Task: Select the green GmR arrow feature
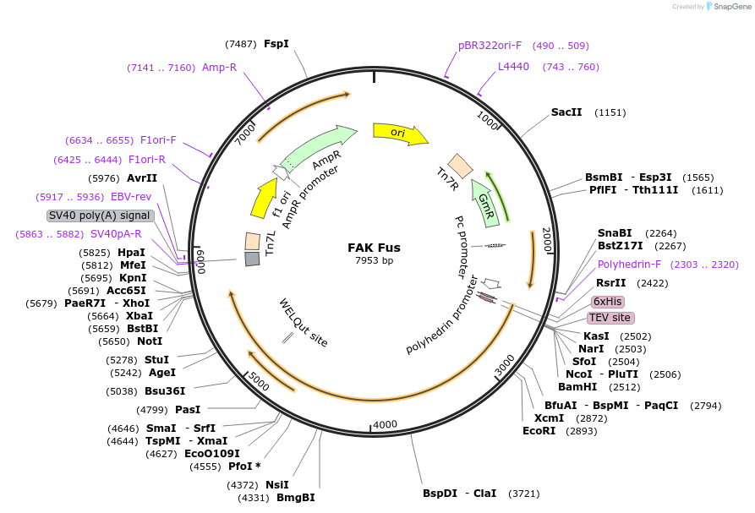(x=484, y=203)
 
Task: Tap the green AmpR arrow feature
(x=319, y=146)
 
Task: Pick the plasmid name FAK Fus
(x=374, y=248)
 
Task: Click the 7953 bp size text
(x=374, y=260)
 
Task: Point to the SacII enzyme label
(x=566, y=112)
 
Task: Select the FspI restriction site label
(x=276, y=43)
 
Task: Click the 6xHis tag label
(x=608, y=302)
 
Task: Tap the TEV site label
(x=610, y=318)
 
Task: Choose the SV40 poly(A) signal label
(x=100, y=216)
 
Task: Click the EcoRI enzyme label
(x=539, y=430)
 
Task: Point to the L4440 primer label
(x=513, y=67)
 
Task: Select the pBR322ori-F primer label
(x=490, y=46)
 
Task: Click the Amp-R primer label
(x=219, y=68)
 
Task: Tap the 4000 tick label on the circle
(x=385, y=424)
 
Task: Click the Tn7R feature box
(x=460, y=165)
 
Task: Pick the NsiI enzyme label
(x=276, y=484)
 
